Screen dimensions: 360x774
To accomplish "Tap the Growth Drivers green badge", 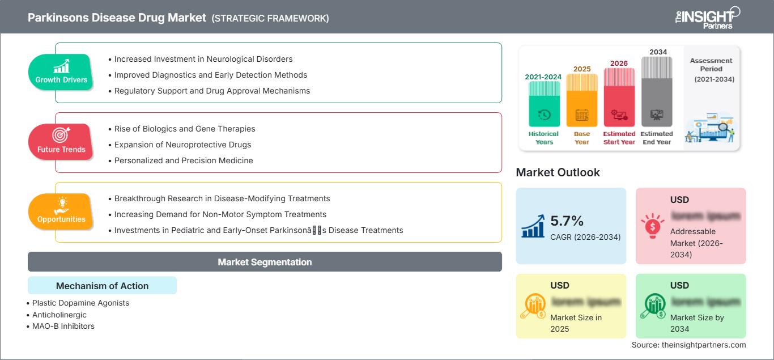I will click(61, 73).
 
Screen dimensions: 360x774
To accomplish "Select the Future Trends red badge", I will click(61, 142).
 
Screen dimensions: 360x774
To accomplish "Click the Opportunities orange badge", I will click(61, 212).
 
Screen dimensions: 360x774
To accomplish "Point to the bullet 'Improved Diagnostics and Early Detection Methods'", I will click(211, 75).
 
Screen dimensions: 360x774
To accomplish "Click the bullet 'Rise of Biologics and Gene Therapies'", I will click(185, 129).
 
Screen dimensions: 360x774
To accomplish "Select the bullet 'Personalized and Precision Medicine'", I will click(184, 160).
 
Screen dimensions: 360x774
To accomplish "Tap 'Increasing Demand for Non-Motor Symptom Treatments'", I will click(220, 214).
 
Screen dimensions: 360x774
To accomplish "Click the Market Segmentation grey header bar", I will click(265, 262).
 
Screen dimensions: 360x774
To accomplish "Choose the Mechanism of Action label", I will click(102, 286).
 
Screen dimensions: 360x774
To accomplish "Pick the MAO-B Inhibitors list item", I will click(63, 326).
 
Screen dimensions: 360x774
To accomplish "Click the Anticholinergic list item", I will click(59, 315).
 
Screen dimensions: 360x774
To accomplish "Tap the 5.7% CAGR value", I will click(567, 221).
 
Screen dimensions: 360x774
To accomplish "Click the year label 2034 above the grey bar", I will click(658, 52).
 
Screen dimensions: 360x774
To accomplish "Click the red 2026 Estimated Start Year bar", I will click(619, 97).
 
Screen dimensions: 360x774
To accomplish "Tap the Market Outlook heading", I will click(558, 172).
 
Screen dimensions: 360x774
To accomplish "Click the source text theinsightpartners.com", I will click(688, 345).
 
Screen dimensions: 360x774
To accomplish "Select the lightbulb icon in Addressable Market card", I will click(652, 226).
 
